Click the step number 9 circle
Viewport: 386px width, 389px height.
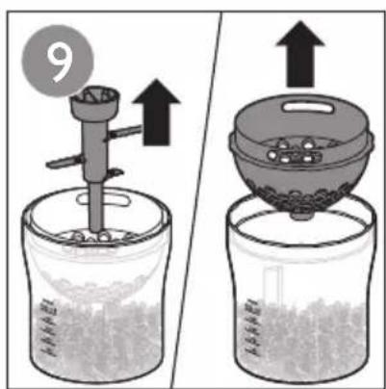[x=58, y=61]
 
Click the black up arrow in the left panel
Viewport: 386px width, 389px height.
[x=156, y=113]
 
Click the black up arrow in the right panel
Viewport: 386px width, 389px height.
[x=300, y=55]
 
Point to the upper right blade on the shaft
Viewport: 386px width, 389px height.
[x=123, y=133]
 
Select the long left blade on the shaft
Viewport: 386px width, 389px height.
[x=65, y=162]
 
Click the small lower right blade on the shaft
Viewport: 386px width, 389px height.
[x=115, y=173]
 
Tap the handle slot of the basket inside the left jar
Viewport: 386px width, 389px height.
[x=104, y=200]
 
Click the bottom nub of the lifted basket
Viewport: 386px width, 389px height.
[x=301, y=215]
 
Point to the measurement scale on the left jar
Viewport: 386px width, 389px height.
[x=49, y=326]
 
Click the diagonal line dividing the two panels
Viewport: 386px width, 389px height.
[x=195, y=199]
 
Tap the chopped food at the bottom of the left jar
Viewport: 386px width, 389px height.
[x=96, y=340]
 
